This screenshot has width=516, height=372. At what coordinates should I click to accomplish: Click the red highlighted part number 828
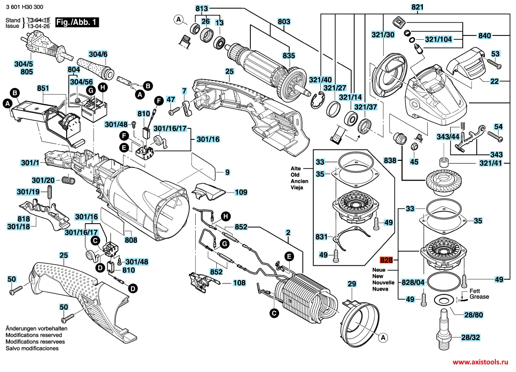[x=387, y=260]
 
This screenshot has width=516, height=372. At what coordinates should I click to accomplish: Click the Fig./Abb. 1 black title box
[x=77, y=23]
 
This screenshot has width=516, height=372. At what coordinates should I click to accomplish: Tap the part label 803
[x=284, y=22]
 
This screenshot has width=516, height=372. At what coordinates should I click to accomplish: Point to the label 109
[x=241, y=192]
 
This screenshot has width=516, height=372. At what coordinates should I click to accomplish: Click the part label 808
[x=130, y=240]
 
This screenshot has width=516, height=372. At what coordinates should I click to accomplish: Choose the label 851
[x=43, y=88]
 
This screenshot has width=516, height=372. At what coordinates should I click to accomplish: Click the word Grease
[x=479, y=297]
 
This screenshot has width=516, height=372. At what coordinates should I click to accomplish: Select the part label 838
[x=390, y=161]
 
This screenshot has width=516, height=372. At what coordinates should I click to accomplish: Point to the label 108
[x=239, y=283]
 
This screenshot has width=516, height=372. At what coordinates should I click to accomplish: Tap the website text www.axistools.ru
[x=481, y=363]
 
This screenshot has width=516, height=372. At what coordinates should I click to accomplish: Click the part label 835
[x=288, y=56]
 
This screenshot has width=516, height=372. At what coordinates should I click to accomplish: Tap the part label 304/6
[x=98, y=55]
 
